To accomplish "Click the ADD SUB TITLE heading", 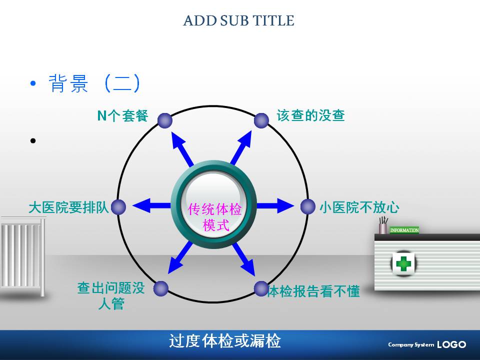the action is coord(238,20).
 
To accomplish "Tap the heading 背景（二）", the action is coord(94,83).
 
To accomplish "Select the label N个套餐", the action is coord(123,115).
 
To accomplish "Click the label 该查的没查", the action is coord(310,115).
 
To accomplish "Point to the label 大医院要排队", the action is coord(68,207).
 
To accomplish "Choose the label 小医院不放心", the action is coord(359,207).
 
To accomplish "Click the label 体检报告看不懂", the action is coord(313,291).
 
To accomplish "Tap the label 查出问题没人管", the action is coord(111,295).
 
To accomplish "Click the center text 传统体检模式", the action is coord(214,216).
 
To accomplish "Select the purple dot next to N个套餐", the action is coord(165,120).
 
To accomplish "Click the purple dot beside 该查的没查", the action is coord(261,120).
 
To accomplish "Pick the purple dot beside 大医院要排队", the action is coord(118,207).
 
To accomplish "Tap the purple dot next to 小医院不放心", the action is coord(307,206).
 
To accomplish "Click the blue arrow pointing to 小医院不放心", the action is coord(275,205).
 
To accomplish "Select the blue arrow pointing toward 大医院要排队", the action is coord(151,205).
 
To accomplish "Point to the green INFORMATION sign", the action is coord(404,230).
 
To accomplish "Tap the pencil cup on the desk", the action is coord(383,226).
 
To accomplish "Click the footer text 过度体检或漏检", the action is coord(224,341).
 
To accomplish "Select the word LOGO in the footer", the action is coord(451,344).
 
